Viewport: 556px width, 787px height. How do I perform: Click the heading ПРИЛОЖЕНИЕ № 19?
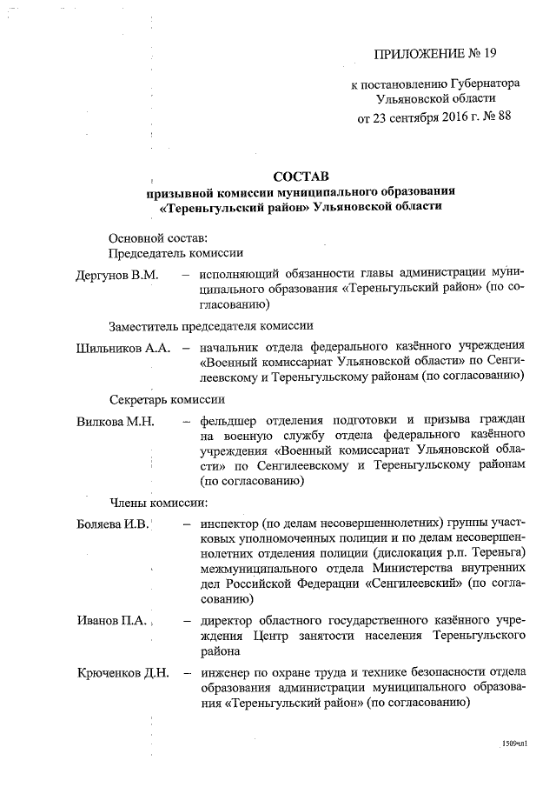[x=434, y=53]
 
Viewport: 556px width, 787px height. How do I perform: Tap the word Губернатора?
[x=485, y=85]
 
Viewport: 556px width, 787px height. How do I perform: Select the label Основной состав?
[x=157, y=237]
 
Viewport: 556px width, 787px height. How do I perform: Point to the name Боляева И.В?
[x=113, y=524]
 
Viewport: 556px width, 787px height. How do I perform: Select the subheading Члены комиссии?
[x=157, y=503]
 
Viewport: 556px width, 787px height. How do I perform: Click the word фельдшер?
[x=228, y=422]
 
